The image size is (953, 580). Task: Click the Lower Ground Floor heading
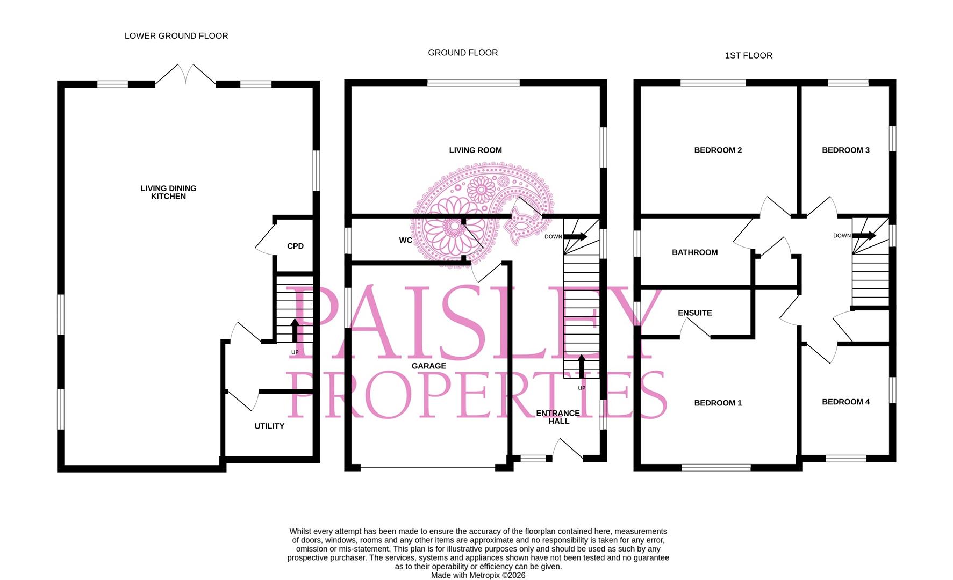coord(176,36)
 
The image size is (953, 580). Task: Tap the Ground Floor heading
coord(463,53)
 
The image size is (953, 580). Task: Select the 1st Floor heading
coord(749,55)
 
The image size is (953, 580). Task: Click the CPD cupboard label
coord(295,246)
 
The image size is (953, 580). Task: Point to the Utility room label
coord(269,426)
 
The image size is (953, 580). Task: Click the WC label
coord(406,240)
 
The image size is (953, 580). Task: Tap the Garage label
coord(429,366)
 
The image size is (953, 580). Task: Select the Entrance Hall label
coord(558,417)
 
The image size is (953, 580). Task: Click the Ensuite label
coord(694,313)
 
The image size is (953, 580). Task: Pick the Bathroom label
coord(694,252)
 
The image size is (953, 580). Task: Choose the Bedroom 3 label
coord(845,150)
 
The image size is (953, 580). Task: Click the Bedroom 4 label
coord(845,402)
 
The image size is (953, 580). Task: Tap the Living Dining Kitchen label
coord(168,192)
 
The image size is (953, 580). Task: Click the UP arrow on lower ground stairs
coord(295,330)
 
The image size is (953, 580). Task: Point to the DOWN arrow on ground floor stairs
coord(575,236)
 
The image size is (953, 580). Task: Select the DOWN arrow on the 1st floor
coord(864,235)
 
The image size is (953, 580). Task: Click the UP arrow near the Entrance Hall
coord(582,366)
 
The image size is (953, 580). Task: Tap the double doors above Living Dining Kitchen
coord(185,74)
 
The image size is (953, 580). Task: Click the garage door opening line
coord(428,468)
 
